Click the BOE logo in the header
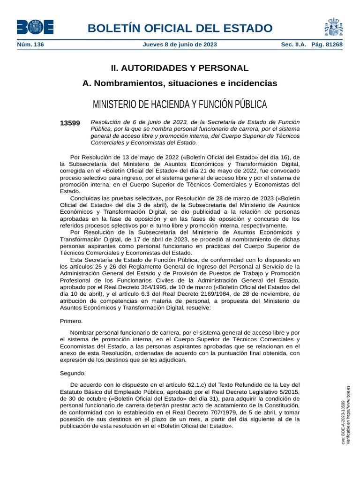click(x=35, y=27)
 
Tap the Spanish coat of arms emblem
click(x=333, y=27)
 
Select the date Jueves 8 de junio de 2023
click(x=180, y=45)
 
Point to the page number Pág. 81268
click(x=327, y=45)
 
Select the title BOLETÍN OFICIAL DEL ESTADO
click(x=180, y=28)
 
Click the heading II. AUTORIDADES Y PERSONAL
click(x=180, y=68)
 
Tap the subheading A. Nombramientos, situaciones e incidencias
click(x=180, y=83)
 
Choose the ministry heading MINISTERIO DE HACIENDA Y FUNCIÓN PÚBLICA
click(x=180, y=104)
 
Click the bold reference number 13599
click(x=70, y=123)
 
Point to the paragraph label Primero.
click(x=71, y=321)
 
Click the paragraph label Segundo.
click(x=73, y=374)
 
